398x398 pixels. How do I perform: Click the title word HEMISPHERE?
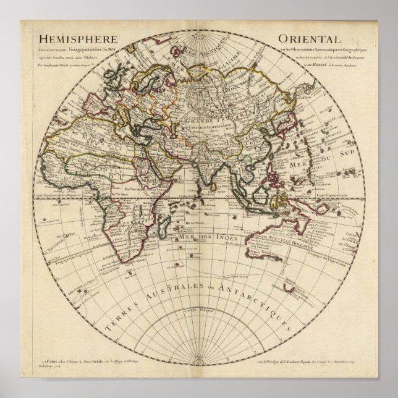(74, 36)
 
